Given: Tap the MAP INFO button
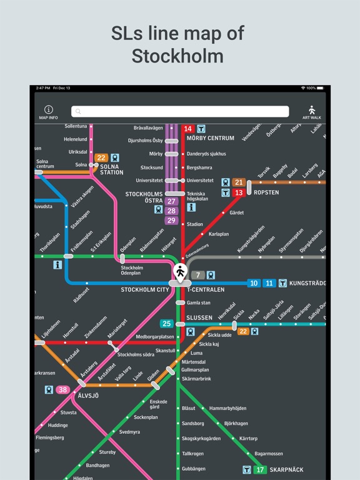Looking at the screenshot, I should (x=48, y=112).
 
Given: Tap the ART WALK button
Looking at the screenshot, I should (x=311, y=112).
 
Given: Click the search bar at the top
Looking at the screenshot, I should (x=180, y=111).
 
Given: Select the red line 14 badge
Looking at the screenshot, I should (x=187, y=129).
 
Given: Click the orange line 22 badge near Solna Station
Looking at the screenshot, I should (x=101, y=158).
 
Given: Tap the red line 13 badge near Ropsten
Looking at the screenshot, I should (x=238, y=193).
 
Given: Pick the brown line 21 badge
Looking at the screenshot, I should (x=238, y=182).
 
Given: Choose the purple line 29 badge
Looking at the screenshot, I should (x=171, y=220).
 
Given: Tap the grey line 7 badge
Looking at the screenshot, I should (x=197, y=275).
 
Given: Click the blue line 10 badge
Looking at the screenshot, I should (x=254, y=283).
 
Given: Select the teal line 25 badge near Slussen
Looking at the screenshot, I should (x=167, y=323).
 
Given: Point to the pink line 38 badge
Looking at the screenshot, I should (x=62, y=390).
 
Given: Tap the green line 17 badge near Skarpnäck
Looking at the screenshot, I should (x=260, y=469).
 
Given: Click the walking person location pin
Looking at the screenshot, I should (x=180, y=272).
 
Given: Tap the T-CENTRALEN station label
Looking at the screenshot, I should (x=206, y=290).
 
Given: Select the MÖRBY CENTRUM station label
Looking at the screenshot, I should (x=210, y=138).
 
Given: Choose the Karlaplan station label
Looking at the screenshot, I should (x=219, y=235).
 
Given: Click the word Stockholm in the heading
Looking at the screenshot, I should (x=177, y=56).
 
